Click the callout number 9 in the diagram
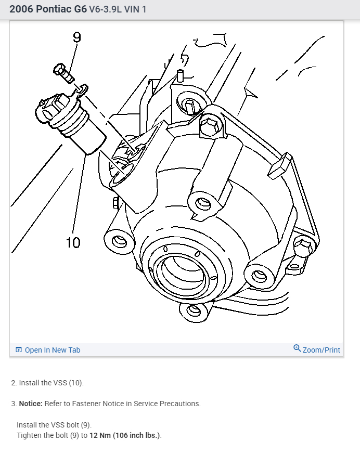(x=77, y=37)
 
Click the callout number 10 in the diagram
(x=73, y=242)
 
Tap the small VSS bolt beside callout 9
(x=62, y=72)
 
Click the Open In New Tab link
(x=53, y=350)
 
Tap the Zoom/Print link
(x=321, y=350)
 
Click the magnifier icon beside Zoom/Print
(x=297, y=348)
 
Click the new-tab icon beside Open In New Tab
(x=19, y=350)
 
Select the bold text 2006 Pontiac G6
(x=48, y=9)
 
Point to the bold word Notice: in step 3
(x=30, y=404)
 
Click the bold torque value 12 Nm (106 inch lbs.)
(x=125, y=435)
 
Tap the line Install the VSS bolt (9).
(x=54, y=425)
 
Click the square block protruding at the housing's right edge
(x=279, y=165)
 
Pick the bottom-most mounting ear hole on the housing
(x=194, y=310)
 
